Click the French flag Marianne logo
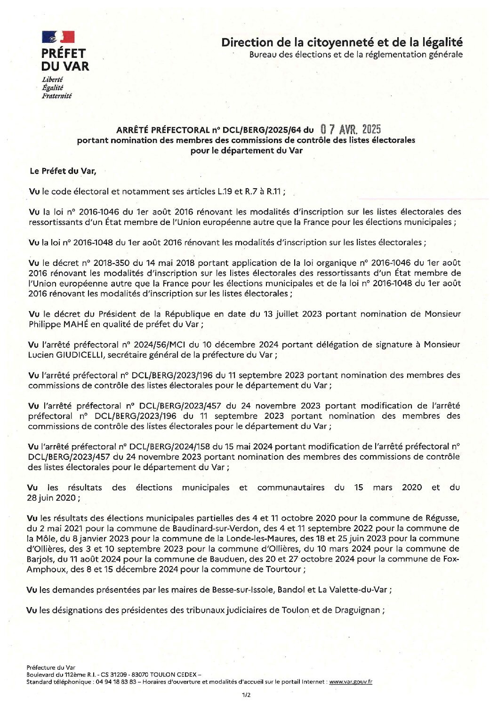pyautogui.click(x=58, y=37)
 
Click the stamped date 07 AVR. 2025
pyautogui.click(x=350, y=129)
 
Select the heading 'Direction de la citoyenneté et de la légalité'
pyautogui.click(x=342, y=42)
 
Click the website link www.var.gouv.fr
pyautogui.click(x=351, y=681)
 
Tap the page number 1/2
pyautogui.click(x=246, y=695)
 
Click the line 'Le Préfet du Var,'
pyautogui.click(x=63, y=171)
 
